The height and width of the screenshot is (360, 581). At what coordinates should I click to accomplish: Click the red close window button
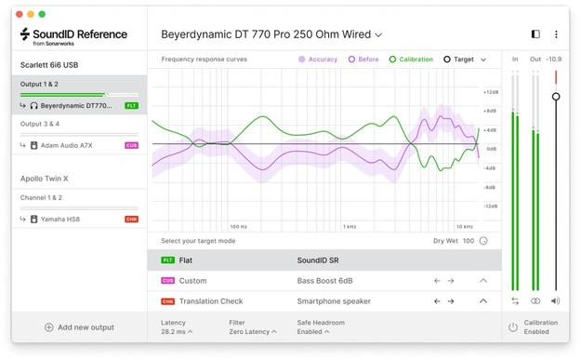coord(19,15)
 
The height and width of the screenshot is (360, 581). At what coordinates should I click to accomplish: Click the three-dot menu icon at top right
coord(556,34)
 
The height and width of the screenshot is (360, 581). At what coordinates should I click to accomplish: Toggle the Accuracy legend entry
coord(318,60)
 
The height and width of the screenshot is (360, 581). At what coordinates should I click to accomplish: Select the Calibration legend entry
coord(411,60)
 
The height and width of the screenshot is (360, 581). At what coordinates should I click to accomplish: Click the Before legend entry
coord(363,60)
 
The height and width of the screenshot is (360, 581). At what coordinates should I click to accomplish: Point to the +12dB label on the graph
coord(490,92)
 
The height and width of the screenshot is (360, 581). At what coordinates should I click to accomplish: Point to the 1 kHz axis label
coord(350,226)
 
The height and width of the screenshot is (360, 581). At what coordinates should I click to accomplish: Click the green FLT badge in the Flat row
coord(168,260)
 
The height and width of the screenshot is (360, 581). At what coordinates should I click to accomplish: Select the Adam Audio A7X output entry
coord(66,145)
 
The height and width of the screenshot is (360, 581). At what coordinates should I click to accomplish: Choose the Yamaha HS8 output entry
coord(65,219)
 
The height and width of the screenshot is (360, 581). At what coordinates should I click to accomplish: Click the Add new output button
coord(79,327)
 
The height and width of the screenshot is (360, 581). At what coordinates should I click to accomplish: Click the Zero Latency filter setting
coord(250,331)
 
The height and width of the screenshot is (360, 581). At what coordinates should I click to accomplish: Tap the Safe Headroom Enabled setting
coord(312,331)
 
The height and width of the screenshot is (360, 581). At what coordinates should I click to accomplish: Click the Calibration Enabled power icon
coord(512,327)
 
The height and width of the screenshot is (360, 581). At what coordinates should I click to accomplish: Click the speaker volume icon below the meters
coord(555,301)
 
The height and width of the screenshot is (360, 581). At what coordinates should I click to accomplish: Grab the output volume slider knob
coord(556,97)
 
